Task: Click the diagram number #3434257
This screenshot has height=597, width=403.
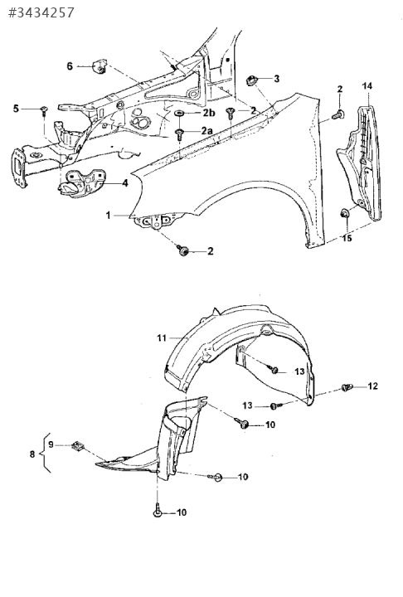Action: pos(41,12)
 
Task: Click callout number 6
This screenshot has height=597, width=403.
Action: pos(70,66)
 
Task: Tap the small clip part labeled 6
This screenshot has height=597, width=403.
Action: pos(100,66)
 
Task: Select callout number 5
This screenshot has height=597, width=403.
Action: pos(16,109)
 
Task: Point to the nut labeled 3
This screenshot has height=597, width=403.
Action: pos(252,80)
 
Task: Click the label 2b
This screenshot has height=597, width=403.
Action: pos(208,113)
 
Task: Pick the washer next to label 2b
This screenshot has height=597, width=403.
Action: pos(179,113)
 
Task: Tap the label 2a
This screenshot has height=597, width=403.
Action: pos(206,131)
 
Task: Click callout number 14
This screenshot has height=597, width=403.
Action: pos(367,86)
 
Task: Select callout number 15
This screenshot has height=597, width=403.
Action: pos(347,238)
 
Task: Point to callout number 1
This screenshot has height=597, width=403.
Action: pos(108,216)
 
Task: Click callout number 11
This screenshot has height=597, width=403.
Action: pos(162,337)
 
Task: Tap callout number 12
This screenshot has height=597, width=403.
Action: pos(373,386)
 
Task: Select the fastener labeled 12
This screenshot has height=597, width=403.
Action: pos(347,387)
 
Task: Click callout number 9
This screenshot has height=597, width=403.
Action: pos(51,444)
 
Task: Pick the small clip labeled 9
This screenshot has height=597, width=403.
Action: pos(78,445)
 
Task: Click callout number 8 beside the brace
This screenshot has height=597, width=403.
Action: pos(32,454)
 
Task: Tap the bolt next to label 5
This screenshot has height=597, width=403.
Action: pos(45,111)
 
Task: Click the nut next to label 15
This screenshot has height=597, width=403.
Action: pos(344,214)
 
